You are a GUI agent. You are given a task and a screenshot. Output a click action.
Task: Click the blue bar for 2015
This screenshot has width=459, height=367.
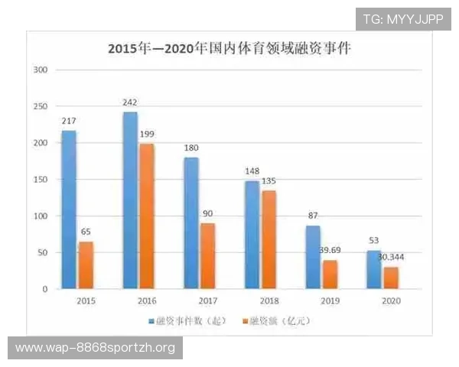click(x=69, y=209)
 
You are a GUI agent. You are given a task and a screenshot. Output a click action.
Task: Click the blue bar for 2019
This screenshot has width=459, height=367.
click(x=313, y=257)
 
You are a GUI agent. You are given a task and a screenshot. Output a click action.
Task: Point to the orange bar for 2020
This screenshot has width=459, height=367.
click(x=390, y=278)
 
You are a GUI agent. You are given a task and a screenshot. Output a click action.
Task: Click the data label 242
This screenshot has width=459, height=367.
click(x=130, y=102)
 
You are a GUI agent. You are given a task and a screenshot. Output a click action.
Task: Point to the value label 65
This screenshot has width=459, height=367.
click(x=86, y=231)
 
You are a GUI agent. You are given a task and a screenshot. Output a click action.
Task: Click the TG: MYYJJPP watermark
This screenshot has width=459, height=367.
click(x=402, y=19)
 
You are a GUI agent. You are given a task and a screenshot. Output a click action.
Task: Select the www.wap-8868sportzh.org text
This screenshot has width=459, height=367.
click(x=96, y=348)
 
